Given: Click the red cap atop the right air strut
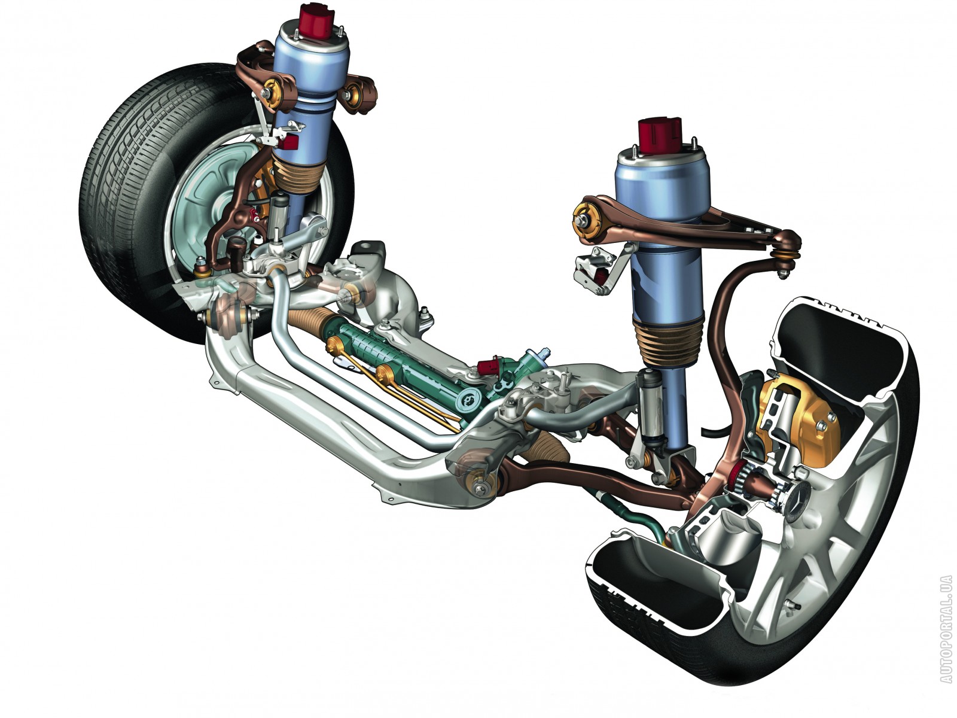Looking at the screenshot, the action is pos(660,135).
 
